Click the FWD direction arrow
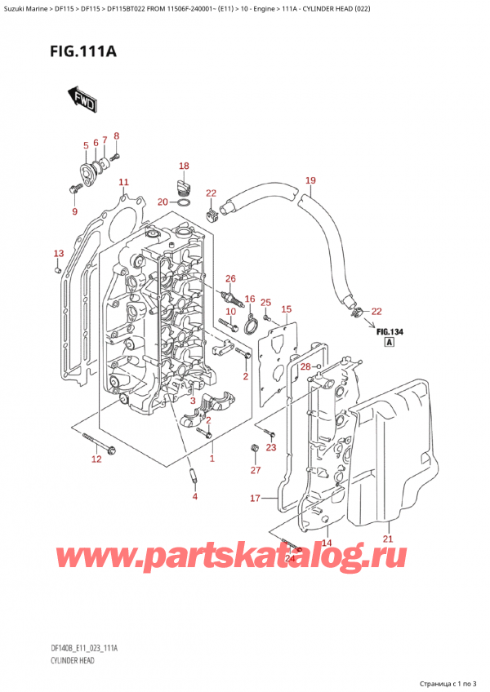[82, 99]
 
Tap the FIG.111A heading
[83, 52]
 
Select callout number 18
[184, 166]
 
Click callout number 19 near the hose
[310, 180]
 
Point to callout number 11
[123, 182]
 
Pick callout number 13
[59, 253]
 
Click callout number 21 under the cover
[388, 539]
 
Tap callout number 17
[256, 499]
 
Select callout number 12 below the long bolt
[96, 459]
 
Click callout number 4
[195, 496]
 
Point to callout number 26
[230, 278]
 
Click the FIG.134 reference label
[390, 332]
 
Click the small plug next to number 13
[57, 269]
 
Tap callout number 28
[305, 366]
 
